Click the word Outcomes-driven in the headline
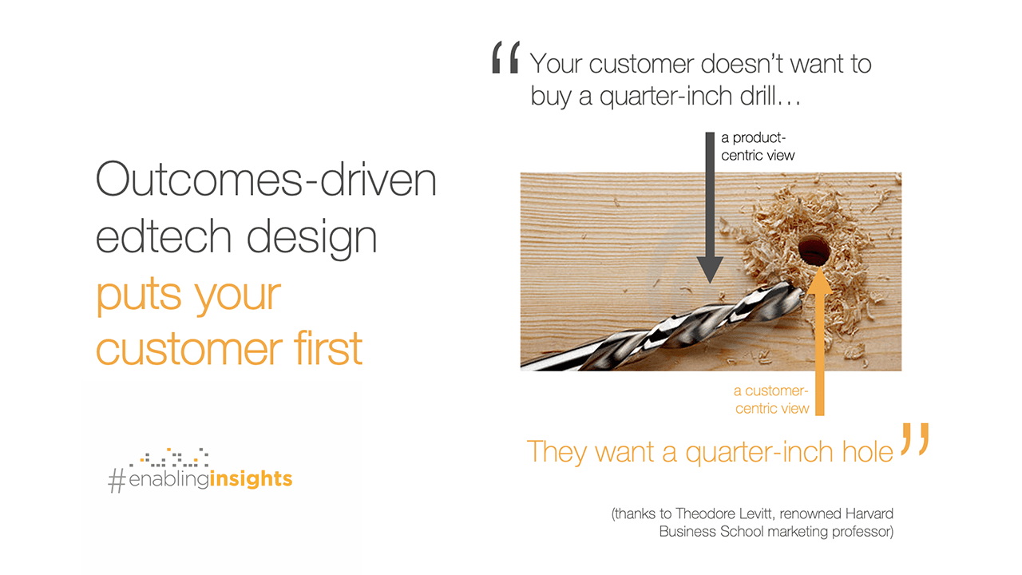tap(266, 179)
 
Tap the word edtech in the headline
tap(164, 236)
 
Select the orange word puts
tap(138, 295)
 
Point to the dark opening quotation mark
tap(505, 57)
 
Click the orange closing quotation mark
tap(915, 438)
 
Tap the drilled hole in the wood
tap(814, 250)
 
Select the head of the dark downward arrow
tap(710, 270)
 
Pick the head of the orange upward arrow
tap(819, 280)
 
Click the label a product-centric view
tap(758, 146)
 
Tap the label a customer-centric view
tap(771, 399)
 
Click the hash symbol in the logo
tap(117, 481)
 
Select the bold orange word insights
tap(251, 478)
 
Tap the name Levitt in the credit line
tap(756, 514)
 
